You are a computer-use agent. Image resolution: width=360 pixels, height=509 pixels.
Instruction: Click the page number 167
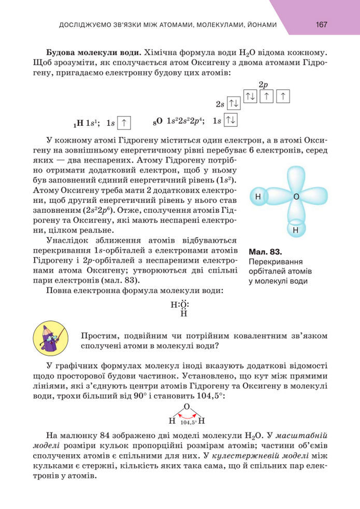click(x=321, y=24)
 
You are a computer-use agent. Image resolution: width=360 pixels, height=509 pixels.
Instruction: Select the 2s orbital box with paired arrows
click(x=234, y=104)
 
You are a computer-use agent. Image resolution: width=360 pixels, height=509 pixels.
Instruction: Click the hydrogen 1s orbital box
click(x=124, y=122)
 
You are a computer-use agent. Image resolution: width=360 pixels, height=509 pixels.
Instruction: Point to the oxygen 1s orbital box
click(x=231, y=120)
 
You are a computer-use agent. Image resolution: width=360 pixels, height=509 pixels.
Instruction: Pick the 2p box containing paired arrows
click(x=250, y=96)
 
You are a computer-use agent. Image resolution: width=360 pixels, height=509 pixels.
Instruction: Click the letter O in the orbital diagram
click(x=296, y=197)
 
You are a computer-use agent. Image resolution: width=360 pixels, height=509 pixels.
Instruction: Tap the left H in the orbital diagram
click(x=257, y=197)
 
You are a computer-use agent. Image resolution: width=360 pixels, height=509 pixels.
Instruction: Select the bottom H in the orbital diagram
click(x=296, y=229)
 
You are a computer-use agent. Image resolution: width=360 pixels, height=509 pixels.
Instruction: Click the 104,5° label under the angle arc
click(x=188, y=423)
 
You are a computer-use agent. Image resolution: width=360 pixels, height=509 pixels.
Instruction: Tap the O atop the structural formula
click(x=186, y=407)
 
